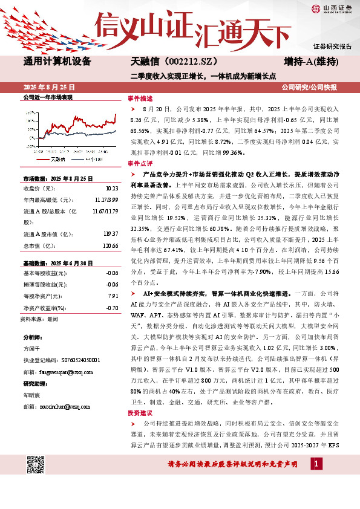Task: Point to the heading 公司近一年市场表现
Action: pos(47,97)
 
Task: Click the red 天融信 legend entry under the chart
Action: pos(56,158)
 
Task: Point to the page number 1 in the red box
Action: pos(315,464)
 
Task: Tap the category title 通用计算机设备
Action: pos(57,62)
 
